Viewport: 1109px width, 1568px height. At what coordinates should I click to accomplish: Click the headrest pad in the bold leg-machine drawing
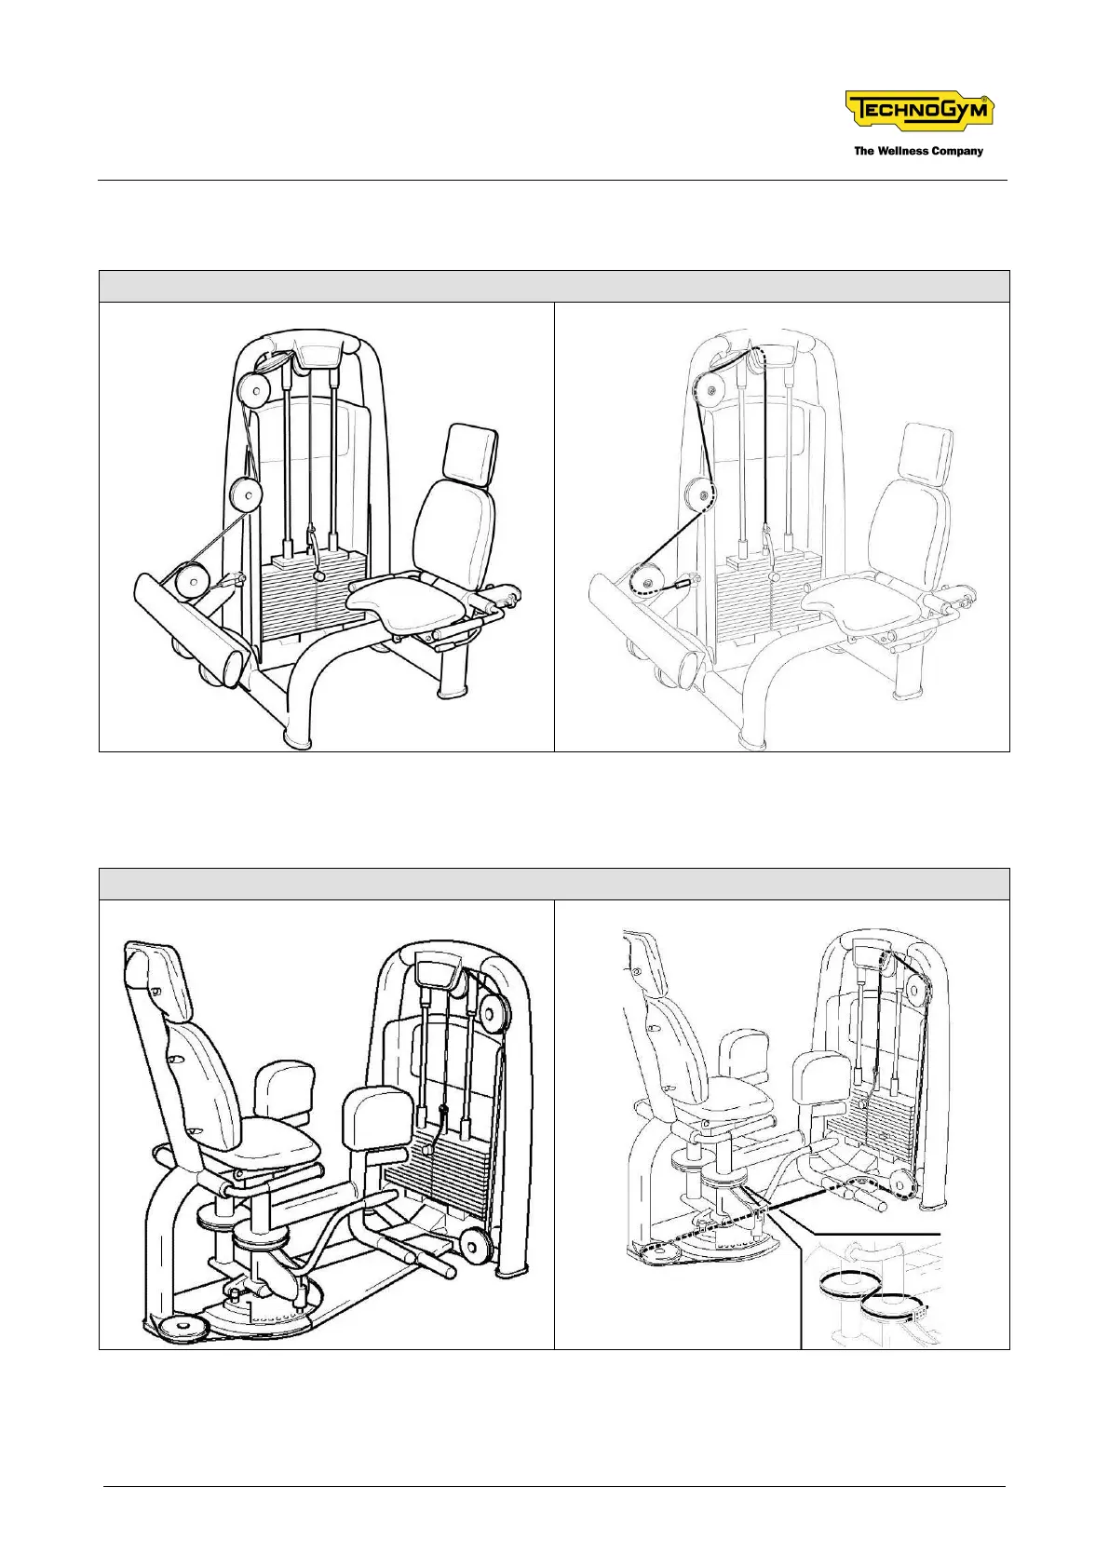coord(472,453)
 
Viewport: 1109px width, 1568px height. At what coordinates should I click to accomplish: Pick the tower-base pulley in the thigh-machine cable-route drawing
coord(901,1184)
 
